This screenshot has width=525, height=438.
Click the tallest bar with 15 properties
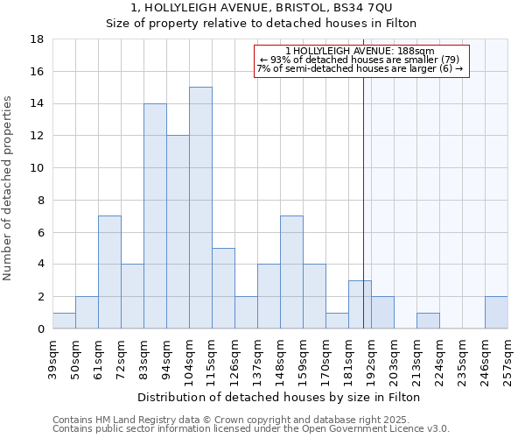(x=200, y=208)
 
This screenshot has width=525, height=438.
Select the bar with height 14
(x=155, y=215)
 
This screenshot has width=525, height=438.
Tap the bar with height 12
(x=178, y=232)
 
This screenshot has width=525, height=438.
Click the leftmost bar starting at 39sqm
(x=64, y=321)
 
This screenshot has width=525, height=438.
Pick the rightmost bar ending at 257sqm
(x=496, y=313)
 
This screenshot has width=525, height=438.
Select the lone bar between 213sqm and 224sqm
(x=428, y=321)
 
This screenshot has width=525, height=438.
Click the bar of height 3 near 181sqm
(x=360, y=305)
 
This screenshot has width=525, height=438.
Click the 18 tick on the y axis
(x=38, y=39)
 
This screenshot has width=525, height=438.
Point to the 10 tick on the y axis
(x=38, y=168)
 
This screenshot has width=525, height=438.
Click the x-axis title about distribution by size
(x=280, y=397)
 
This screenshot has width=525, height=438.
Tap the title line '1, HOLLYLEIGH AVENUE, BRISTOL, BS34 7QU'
(x=262, y=8)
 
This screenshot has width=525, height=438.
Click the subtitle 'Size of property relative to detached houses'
(x=262, y=24)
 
